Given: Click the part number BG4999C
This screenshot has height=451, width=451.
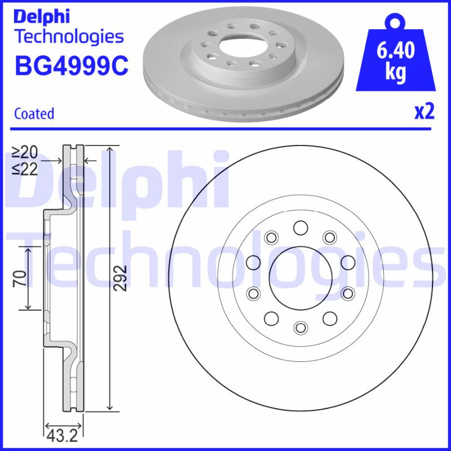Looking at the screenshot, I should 71,67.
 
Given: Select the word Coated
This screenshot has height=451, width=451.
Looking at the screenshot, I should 34,113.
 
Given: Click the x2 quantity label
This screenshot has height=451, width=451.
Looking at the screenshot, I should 425,112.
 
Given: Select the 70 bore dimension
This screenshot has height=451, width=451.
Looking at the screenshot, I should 18,278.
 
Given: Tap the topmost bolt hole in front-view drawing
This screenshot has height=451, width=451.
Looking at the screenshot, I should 300,227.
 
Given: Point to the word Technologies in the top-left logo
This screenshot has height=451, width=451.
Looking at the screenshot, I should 68,37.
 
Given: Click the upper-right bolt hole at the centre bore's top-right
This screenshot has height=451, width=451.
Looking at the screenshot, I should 329,237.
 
